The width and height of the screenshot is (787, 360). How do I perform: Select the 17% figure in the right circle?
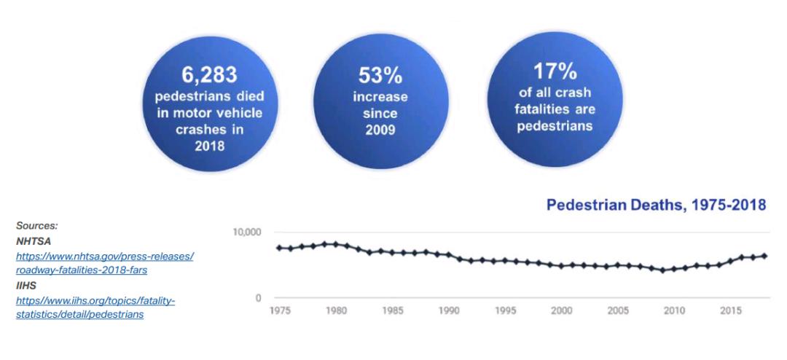click(555, 72)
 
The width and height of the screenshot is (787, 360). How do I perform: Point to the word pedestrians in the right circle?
click(555, 125)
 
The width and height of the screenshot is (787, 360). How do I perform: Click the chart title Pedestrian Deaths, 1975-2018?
click(655, 206)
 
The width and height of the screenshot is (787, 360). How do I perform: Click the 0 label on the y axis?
click(257, 297)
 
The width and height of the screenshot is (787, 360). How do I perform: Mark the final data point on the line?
click(764, 256)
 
